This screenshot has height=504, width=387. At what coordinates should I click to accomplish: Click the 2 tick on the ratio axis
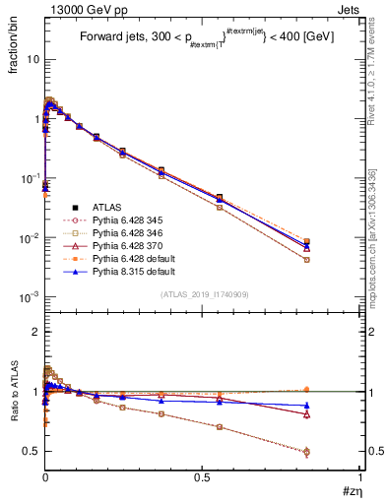point(35,332)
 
